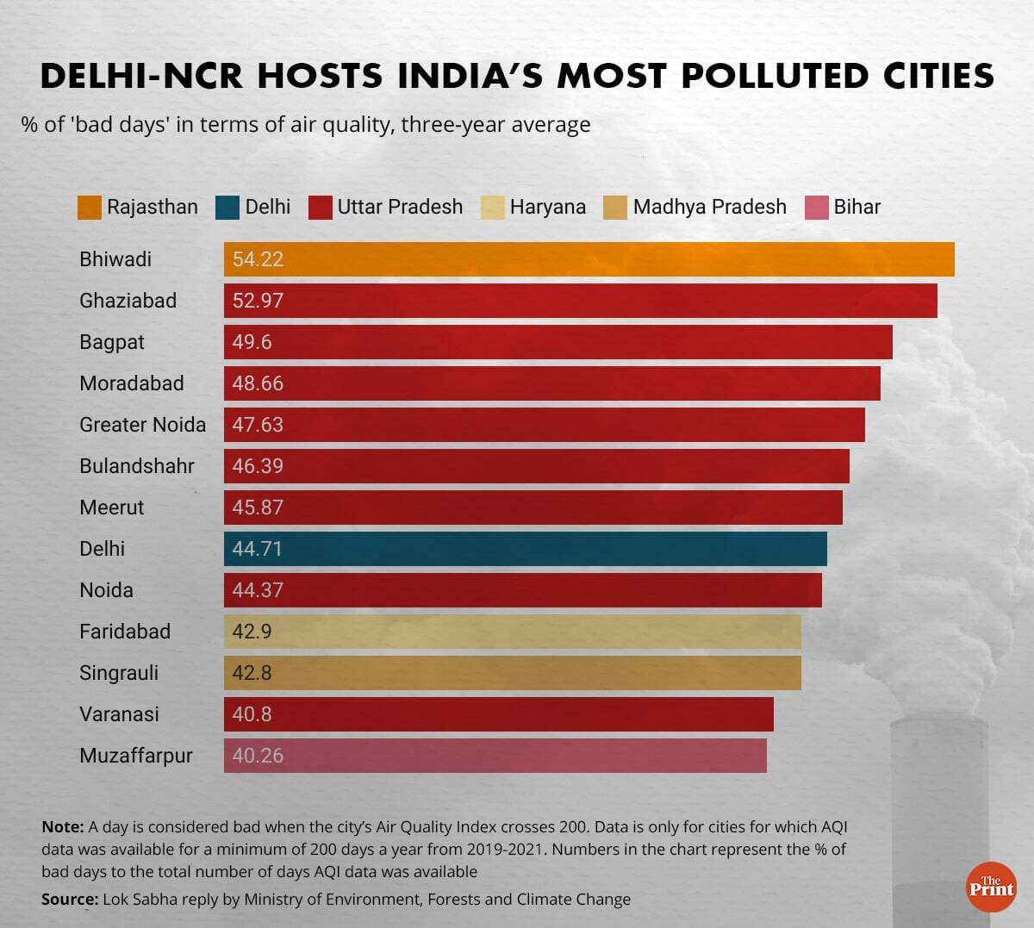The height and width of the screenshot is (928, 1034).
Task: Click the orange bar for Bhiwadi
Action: (589, 259)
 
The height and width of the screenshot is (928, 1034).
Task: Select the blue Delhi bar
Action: (525, 549)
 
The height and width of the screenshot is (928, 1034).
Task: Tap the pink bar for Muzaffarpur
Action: (495, 756)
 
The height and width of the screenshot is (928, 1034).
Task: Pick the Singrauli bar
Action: (512, 673)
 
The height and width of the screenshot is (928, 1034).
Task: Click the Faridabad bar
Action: (512, 632)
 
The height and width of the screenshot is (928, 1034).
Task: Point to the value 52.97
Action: (258, 301)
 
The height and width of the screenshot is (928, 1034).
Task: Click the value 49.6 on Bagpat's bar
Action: (252, 342)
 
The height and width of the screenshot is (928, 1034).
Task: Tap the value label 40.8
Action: (252, 714)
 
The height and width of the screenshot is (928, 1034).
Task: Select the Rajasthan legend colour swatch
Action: (90, 208)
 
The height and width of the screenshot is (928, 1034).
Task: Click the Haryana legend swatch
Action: (492, 208)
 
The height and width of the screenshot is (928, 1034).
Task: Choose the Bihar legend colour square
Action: (816, 208)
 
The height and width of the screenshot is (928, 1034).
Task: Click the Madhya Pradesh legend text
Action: (709, 208)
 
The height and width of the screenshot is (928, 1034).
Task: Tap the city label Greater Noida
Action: (142, 425)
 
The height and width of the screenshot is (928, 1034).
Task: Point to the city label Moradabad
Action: (131, 383)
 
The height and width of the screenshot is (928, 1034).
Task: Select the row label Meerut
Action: (111, 508)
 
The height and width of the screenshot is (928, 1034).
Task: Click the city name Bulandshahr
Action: (136, 466)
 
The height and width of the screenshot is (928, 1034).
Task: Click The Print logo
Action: (991, 887)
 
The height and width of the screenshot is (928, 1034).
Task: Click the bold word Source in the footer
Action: (68, 900)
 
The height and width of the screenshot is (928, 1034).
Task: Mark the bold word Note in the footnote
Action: (61, 827)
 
